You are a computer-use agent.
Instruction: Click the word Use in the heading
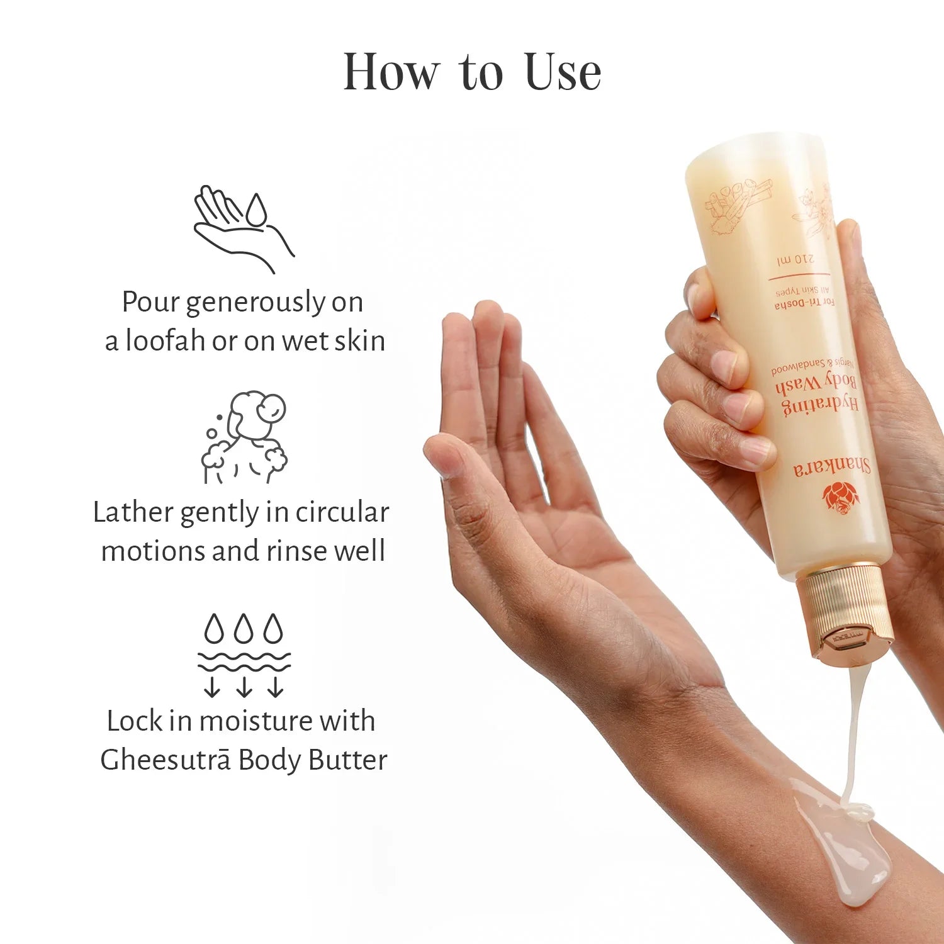(x=562, y=72)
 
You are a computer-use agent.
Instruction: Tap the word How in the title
(x=390, y=72)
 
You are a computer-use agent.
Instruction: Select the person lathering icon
(x=245, y=437)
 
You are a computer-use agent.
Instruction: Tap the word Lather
(x=133, y=512)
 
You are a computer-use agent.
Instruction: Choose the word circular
(x=342, y=512)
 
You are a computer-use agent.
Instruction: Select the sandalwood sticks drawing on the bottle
(x=736, y=201)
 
